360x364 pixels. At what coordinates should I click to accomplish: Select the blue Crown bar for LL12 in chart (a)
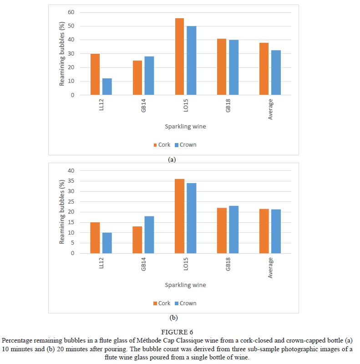[x=107, y=87]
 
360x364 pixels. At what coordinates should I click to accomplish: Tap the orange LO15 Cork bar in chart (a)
[x=179, y=56]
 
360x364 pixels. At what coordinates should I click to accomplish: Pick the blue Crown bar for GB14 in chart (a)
[x=149, y=76]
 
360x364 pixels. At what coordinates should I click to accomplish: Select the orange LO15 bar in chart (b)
[x=179, y=216]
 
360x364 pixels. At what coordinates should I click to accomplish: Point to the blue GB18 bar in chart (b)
[x=233, y=230]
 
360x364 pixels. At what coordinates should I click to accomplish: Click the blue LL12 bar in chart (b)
[x=107, y=243]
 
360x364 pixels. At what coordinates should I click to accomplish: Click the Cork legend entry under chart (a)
[x=162, y=145]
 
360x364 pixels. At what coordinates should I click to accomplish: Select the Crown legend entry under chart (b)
[x=185, y=303]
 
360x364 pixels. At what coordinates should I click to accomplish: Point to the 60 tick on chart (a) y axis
[x=71, y=12]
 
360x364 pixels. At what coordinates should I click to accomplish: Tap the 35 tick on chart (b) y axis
[x=71, y=181]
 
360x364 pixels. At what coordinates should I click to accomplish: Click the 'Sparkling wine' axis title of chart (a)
[x=185, y=127]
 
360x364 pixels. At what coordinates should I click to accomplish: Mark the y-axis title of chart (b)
[x=62, y=212]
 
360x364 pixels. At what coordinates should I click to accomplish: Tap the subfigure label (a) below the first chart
[x=172, y=159]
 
